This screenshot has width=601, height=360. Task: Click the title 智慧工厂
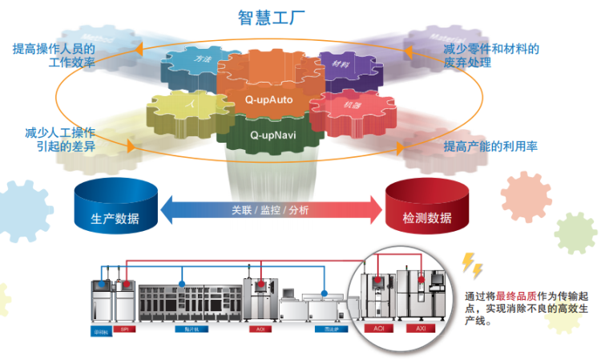(271, 16)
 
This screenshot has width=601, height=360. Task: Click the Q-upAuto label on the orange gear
(268, 99)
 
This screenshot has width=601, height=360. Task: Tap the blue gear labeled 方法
(200, 60)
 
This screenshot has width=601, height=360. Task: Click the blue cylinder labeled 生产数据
(115, 218)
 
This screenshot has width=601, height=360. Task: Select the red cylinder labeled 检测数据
(424, 217)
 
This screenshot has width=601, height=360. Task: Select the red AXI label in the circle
(422, 330)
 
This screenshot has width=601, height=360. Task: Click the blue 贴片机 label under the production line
(180, 330)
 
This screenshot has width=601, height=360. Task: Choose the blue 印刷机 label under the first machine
(101, 330)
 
